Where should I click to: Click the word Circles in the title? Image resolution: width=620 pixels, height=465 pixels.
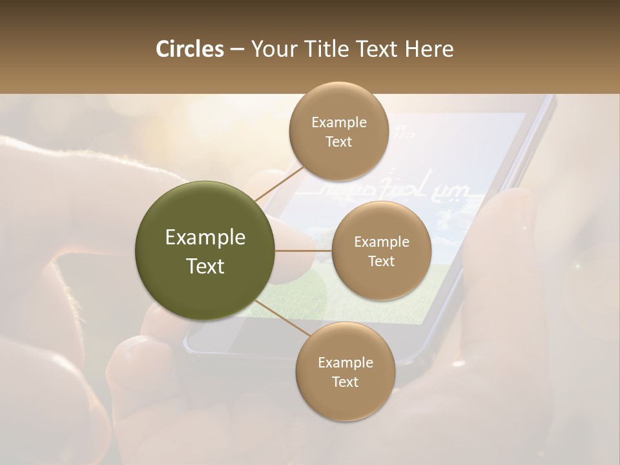tap(189, 49)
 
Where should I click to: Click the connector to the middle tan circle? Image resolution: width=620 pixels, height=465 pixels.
tap(304, 251)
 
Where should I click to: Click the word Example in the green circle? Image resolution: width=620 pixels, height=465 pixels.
tap(205, 238)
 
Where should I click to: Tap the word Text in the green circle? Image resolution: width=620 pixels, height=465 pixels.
tap(205, 265)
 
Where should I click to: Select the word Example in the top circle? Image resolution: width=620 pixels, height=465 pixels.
tap(338, 123)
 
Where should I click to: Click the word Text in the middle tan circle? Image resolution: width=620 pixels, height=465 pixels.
tap(382, 261)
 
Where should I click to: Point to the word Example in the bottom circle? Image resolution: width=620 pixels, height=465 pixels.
tap(345, 363)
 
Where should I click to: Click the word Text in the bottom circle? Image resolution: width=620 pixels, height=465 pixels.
tap(345, 382)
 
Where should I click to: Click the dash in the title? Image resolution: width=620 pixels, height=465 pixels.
tap(236, 49)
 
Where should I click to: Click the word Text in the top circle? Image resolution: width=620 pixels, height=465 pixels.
tap(338, 141)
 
